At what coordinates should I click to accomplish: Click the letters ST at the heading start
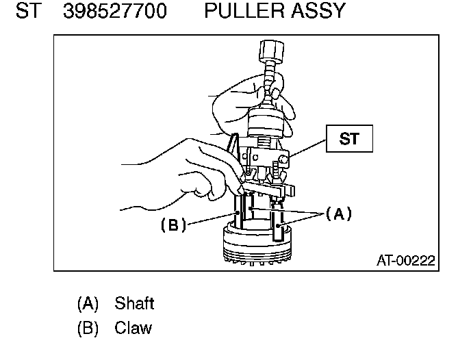[27, 12]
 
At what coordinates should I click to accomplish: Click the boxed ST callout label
[349, 139]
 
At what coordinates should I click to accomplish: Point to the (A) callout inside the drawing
[338, 214]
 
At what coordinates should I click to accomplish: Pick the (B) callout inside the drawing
[173, 224]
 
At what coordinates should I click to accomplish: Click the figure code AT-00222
[405, 261]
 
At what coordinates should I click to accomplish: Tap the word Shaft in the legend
[134, 303]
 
